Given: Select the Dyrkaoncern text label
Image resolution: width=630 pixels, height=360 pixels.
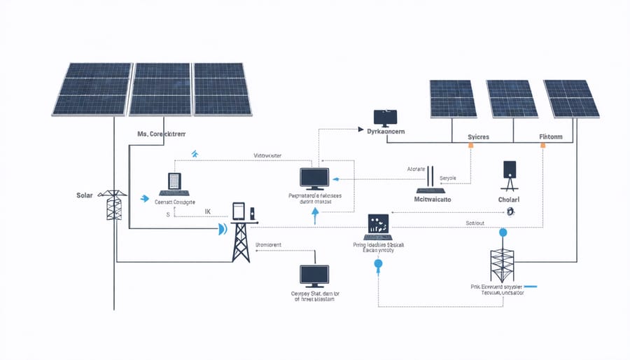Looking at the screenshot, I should pyautogui.click(x=387, y=131).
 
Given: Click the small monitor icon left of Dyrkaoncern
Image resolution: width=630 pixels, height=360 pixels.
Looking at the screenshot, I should pyautogui.click(x=385, y=117).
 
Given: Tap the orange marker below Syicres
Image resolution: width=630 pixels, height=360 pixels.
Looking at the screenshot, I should pyautogui.click(x=471, y=146).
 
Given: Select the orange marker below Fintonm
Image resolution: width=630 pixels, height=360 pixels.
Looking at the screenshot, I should pyautogui.click(x=542, y=146).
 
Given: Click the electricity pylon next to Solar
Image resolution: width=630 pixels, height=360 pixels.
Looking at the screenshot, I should pyautogui.click(x=112, y=205).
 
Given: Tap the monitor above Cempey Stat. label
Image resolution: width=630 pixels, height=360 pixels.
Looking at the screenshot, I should pyautogui.click(x=313, y=276).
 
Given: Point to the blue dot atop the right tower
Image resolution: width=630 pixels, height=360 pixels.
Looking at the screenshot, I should pyautogui.click(x=502, y=233).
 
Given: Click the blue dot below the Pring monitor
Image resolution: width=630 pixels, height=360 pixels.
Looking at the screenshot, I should pyautogui.click(x=379, y=265).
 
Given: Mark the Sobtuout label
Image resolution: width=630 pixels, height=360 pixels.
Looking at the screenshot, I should pyautogui.click(x=479, y=223).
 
